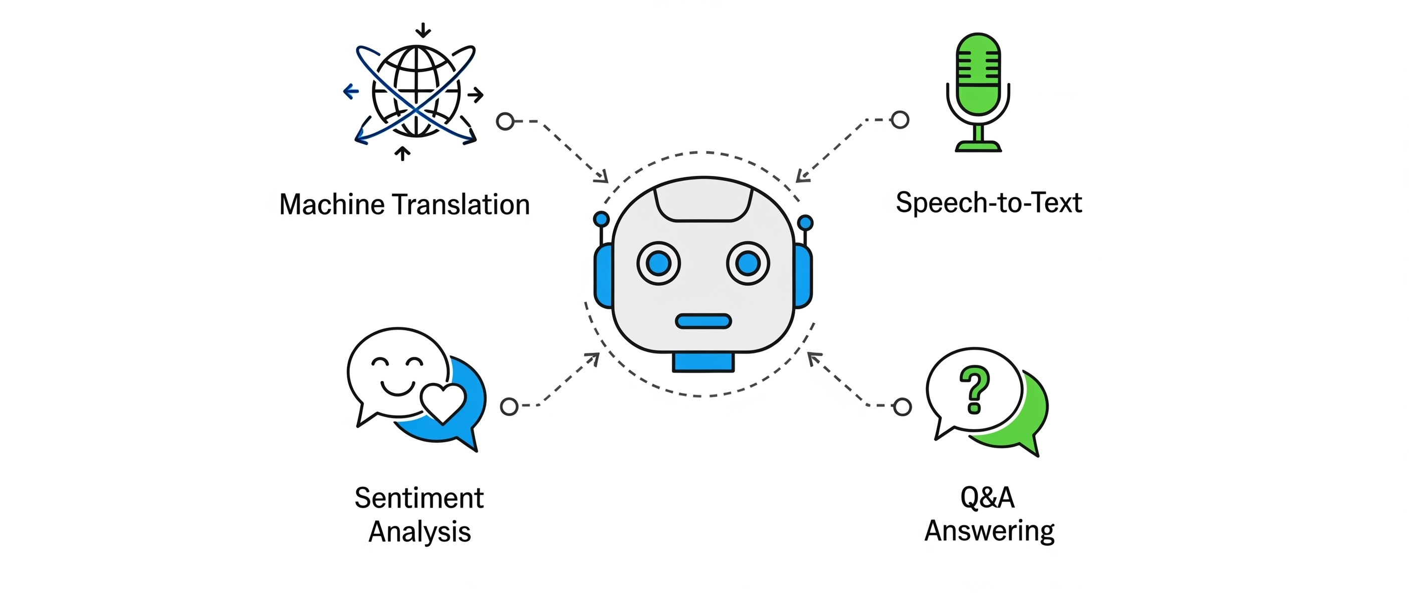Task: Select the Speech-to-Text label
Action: [989, 203]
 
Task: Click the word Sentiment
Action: [419, 498]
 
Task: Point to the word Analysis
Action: [419, 532]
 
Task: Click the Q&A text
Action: [987, 497]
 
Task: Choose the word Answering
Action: [989, 531]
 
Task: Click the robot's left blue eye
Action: [658, 264]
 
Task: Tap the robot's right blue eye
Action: [748, 264]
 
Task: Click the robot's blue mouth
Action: [703, 321]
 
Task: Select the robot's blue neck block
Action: [703, 362]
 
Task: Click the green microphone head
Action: [978, 74]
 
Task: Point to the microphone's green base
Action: [978, 146]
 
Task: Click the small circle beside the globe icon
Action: [506, 121]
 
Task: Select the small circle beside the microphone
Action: [900, 120]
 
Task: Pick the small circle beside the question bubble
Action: [902, 407]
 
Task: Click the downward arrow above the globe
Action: [423, 30]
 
